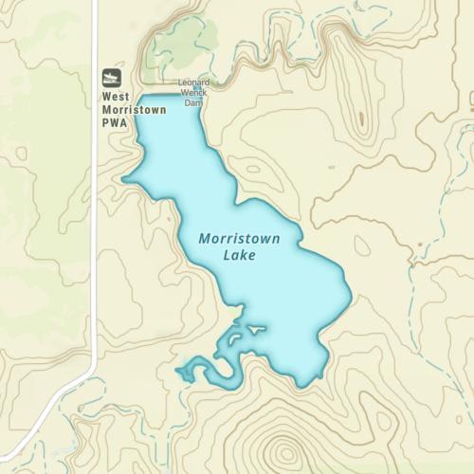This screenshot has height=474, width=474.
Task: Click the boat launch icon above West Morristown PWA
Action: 112,77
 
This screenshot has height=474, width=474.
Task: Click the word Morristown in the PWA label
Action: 134,109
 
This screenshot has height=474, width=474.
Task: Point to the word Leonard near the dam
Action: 193,82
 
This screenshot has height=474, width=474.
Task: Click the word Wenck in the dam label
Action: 193,92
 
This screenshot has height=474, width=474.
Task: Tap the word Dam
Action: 193,101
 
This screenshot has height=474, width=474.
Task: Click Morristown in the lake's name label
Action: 240,239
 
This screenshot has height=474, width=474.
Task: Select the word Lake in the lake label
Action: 240,255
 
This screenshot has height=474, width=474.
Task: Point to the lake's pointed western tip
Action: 124,178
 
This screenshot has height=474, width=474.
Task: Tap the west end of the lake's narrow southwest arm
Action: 178,371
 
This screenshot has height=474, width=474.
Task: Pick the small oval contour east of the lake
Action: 361,246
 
